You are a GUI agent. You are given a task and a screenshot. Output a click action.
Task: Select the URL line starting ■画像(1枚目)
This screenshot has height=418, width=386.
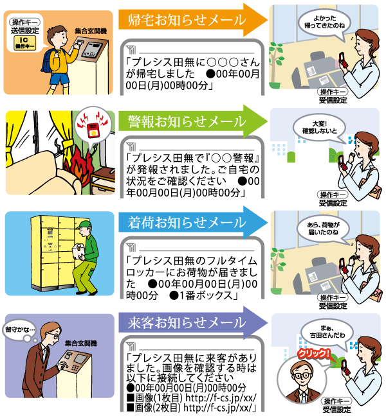click(193, 397)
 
